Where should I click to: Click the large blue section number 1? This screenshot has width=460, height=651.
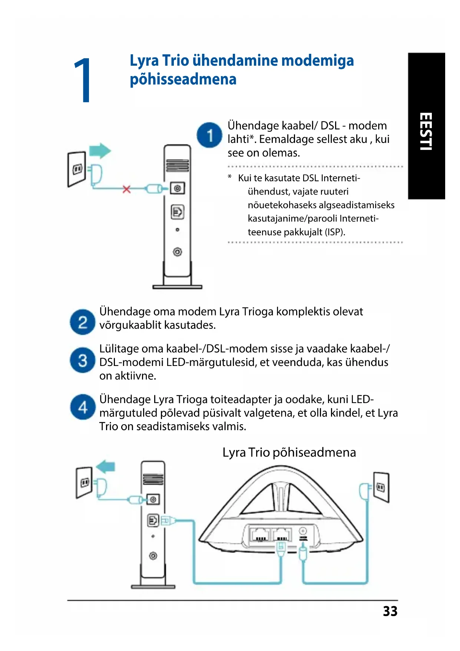tap(82, 80)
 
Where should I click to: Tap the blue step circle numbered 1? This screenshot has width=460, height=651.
tap(209, 135)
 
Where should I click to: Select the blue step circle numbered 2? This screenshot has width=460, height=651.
tap(83, 322)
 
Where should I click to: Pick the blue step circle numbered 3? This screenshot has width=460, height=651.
tap(83, 360)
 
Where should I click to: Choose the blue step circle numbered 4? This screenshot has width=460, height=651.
tap(83, 407)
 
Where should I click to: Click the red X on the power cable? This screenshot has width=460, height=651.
tap(127, 189)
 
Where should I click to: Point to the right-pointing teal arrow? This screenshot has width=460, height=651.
tap(100, 151)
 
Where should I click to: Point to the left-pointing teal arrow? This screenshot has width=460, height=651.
tap(106, 466)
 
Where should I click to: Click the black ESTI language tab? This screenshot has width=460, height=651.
tap(426, 126)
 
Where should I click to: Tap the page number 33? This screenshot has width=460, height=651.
tap(390, 611)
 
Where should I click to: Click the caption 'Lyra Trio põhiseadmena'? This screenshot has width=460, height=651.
tap(289, 452)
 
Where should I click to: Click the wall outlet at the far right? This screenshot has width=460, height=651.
tap(381, 487)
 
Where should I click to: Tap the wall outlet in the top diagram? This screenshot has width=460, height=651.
tap(77, 169)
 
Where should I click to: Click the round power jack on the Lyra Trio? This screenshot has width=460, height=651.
tap(303, 531)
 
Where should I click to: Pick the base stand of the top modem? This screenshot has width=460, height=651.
tap(178, 286)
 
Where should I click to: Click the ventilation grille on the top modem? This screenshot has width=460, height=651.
tap(178, 165)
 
